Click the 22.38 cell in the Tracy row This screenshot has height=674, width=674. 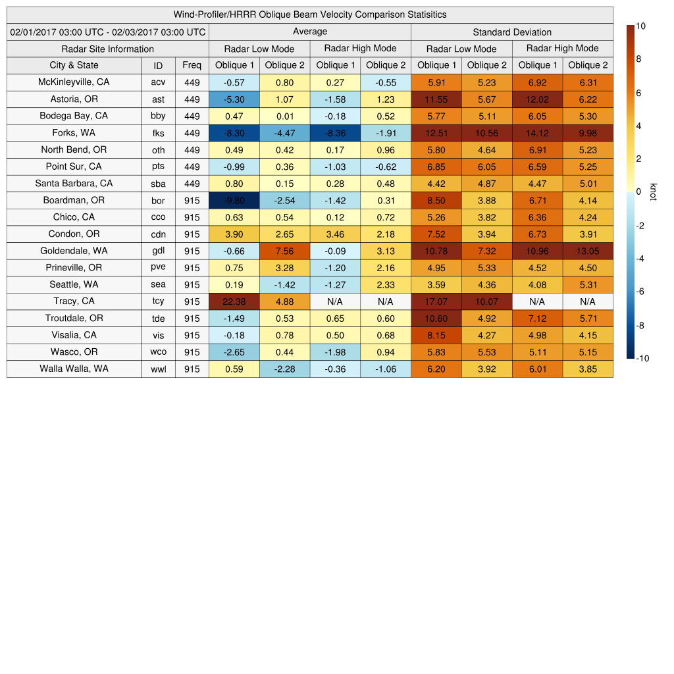coord(234,301)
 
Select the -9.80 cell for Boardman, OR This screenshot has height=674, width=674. coord(234,200)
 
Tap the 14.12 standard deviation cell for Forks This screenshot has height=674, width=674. coord(537,133)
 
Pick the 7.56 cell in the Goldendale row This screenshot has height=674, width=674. coord(284,251)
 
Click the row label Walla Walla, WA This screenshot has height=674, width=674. coord(74,369)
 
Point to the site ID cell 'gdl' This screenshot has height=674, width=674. coord(158,251)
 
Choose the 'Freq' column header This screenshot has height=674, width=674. coord(192,65)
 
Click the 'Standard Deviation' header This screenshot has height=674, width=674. coord(512,32)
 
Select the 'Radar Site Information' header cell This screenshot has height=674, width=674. coord(107,49)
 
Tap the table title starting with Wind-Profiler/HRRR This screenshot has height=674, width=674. coord(310,14)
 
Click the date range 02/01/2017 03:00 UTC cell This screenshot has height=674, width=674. coord(108,32)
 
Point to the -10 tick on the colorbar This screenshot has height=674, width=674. coord(642,358)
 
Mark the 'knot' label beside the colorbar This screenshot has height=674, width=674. coord(653,192)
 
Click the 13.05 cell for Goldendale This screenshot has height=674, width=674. coord(588,251)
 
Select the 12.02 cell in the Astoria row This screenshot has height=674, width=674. coord(537,99)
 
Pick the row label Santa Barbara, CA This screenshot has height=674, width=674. coord(74,184)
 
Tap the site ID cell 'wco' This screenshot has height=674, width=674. coord(158,352)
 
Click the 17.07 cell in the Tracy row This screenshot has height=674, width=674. coord(436,301)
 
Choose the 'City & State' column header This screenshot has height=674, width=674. coord(74,65)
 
